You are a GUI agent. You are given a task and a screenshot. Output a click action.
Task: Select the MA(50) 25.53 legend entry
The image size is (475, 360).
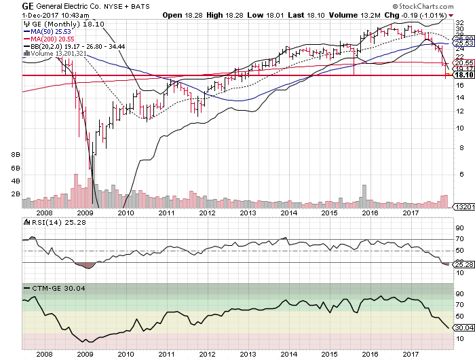click(48, 31)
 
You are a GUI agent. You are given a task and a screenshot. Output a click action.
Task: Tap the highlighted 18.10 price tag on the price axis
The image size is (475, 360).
click(463, 75)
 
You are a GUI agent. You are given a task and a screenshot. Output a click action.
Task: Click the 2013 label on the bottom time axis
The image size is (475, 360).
click(246, 354)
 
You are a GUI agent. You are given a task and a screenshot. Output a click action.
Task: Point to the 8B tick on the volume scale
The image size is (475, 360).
click(16, 155)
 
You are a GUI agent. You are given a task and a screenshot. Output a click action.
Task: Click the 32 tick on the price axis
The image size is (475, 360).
click(460, 22)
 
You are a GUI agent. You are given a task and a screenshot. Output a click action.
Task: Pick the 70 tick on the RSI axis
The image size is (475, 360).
click(459, 239)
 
